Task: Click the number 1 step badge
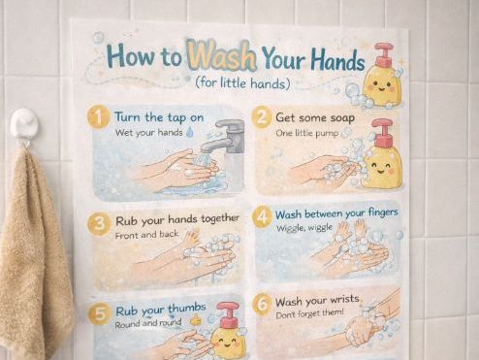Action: pyautogui.click(x=98, y=117)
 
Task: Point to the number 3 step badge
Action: pyautogui.click(x=99, y=224)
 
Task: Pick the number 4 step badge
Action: pyautogui.click(x=262, y=216)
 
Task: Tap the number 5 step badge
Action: pyautogui.click(x=99, y=313)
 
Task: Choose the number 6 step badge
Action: pyautogui.click(x=261, y=304)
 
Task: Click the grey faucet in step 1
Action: pyautogui.click(x=226, y=137)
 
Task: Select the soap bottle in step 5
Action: pyautogui.click(x=228, y=333)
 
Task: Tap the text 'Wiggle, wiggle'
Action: pyautogui.click(x=306, y=228)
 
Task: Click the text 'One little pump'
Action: pyautogui.click(x=306, y=132)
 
